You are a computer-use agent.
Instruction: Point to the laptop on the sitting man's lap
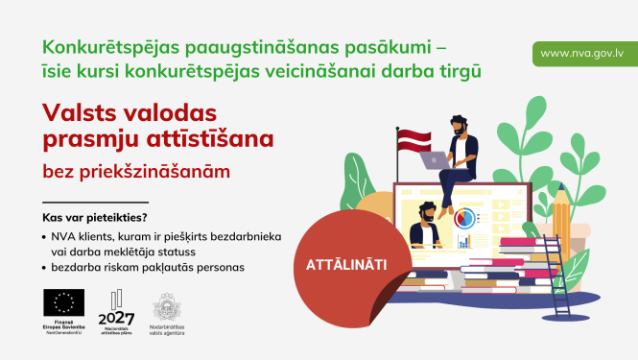tap(437, 160)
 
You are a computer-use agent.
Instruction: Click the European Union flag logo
tap(63, 303)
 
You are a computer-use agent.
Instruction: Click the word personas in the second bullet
tap(218, 266)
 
